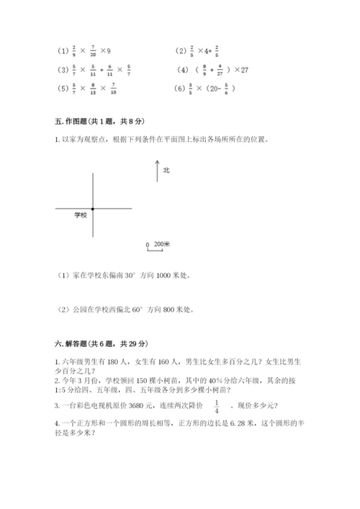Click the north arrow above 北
click(157, 171)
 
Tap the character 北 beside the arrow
click(166, 171)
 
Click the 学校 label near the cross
click(81, 215)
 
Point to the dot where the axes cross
click(94, 209)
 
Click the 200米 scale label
click(161, 245)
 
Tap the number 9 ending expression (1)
click(107, 52)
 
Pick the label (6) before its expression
click(181, 89)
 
